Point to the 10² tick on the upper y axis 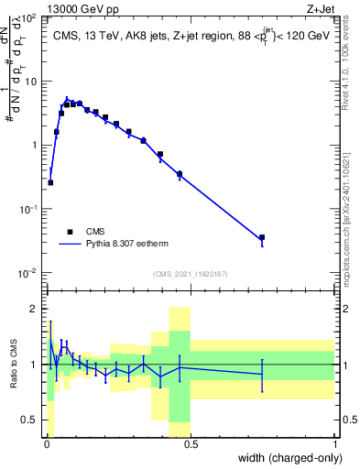coord(29,17)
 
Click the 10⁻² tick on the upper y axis coord(29,273)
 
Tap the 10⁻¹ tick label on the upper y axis coord(29,209)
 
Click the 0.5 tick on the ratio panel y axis coord(32,420)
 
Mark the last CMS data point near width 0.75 coord(262,237)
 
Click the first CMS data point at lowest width coord(50,182)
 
